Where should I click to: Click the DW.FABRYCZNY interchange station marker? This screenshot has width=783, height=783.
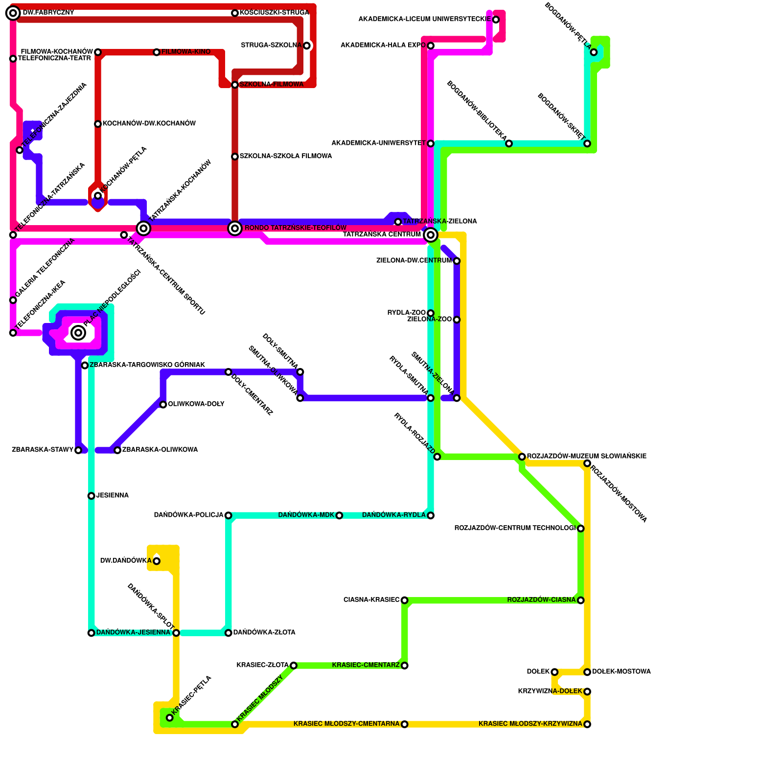[x=13, y=13]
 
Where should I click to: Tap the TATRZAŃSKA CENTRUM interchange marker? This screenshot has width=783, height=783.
[x=431, y=235]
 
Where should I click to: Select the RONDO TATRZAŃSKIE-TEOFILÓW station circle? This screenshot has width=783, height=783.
[x=235, y=228]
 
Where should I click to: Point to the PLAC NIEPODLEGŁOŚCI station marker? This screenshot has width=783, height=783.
[x=78, y=333]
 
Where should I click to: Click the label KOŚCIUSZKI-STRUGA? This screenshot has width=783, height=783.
[x=274, y=13]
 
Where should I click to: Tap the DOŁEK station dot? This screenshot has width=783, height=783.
[x=554, y=672]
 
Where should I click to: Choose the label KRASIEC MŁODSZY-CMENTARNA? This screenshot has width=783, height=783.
[x=346, y=724]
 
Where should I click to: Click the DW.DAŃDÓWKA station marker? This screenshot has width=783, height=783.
[x=157, y=561]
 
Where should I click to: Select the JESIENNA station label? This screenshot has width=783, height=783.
[x=112, y=496]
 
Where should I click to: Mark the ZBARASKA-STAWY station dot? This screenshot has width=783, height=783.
[x=78, y=450]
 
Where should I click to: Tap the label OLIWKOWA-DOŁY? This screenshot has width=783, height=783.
[x=196, y=404]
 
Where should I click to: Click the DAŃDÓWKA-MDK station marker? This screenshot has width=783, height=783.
[x=339, y=515]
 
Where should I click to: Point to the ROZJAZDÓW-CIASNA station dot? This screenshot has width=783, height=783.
[x=580, y=600]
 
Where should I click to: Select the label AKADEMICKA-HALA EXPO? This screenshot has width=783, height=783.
[x=383, y=46]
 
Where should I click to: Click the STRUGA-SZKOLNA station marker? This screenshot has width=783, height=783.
[x=306, y=46]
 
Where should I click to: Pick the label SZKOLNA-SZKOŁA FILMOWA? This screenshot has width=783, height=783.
[x=285, y=156]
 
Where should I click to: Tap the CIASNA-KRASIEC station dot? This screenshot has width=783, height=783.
[x=404, y=600]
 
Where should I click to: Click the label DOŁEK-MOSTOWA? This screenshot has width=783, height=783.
[x=621, y=672]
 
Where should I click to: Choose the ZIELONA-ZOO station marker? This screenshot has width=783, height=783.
[x=457, y=320]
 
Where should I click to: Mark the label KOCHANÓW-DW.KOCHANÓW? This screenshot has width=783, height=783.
[x=149, y=124]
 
